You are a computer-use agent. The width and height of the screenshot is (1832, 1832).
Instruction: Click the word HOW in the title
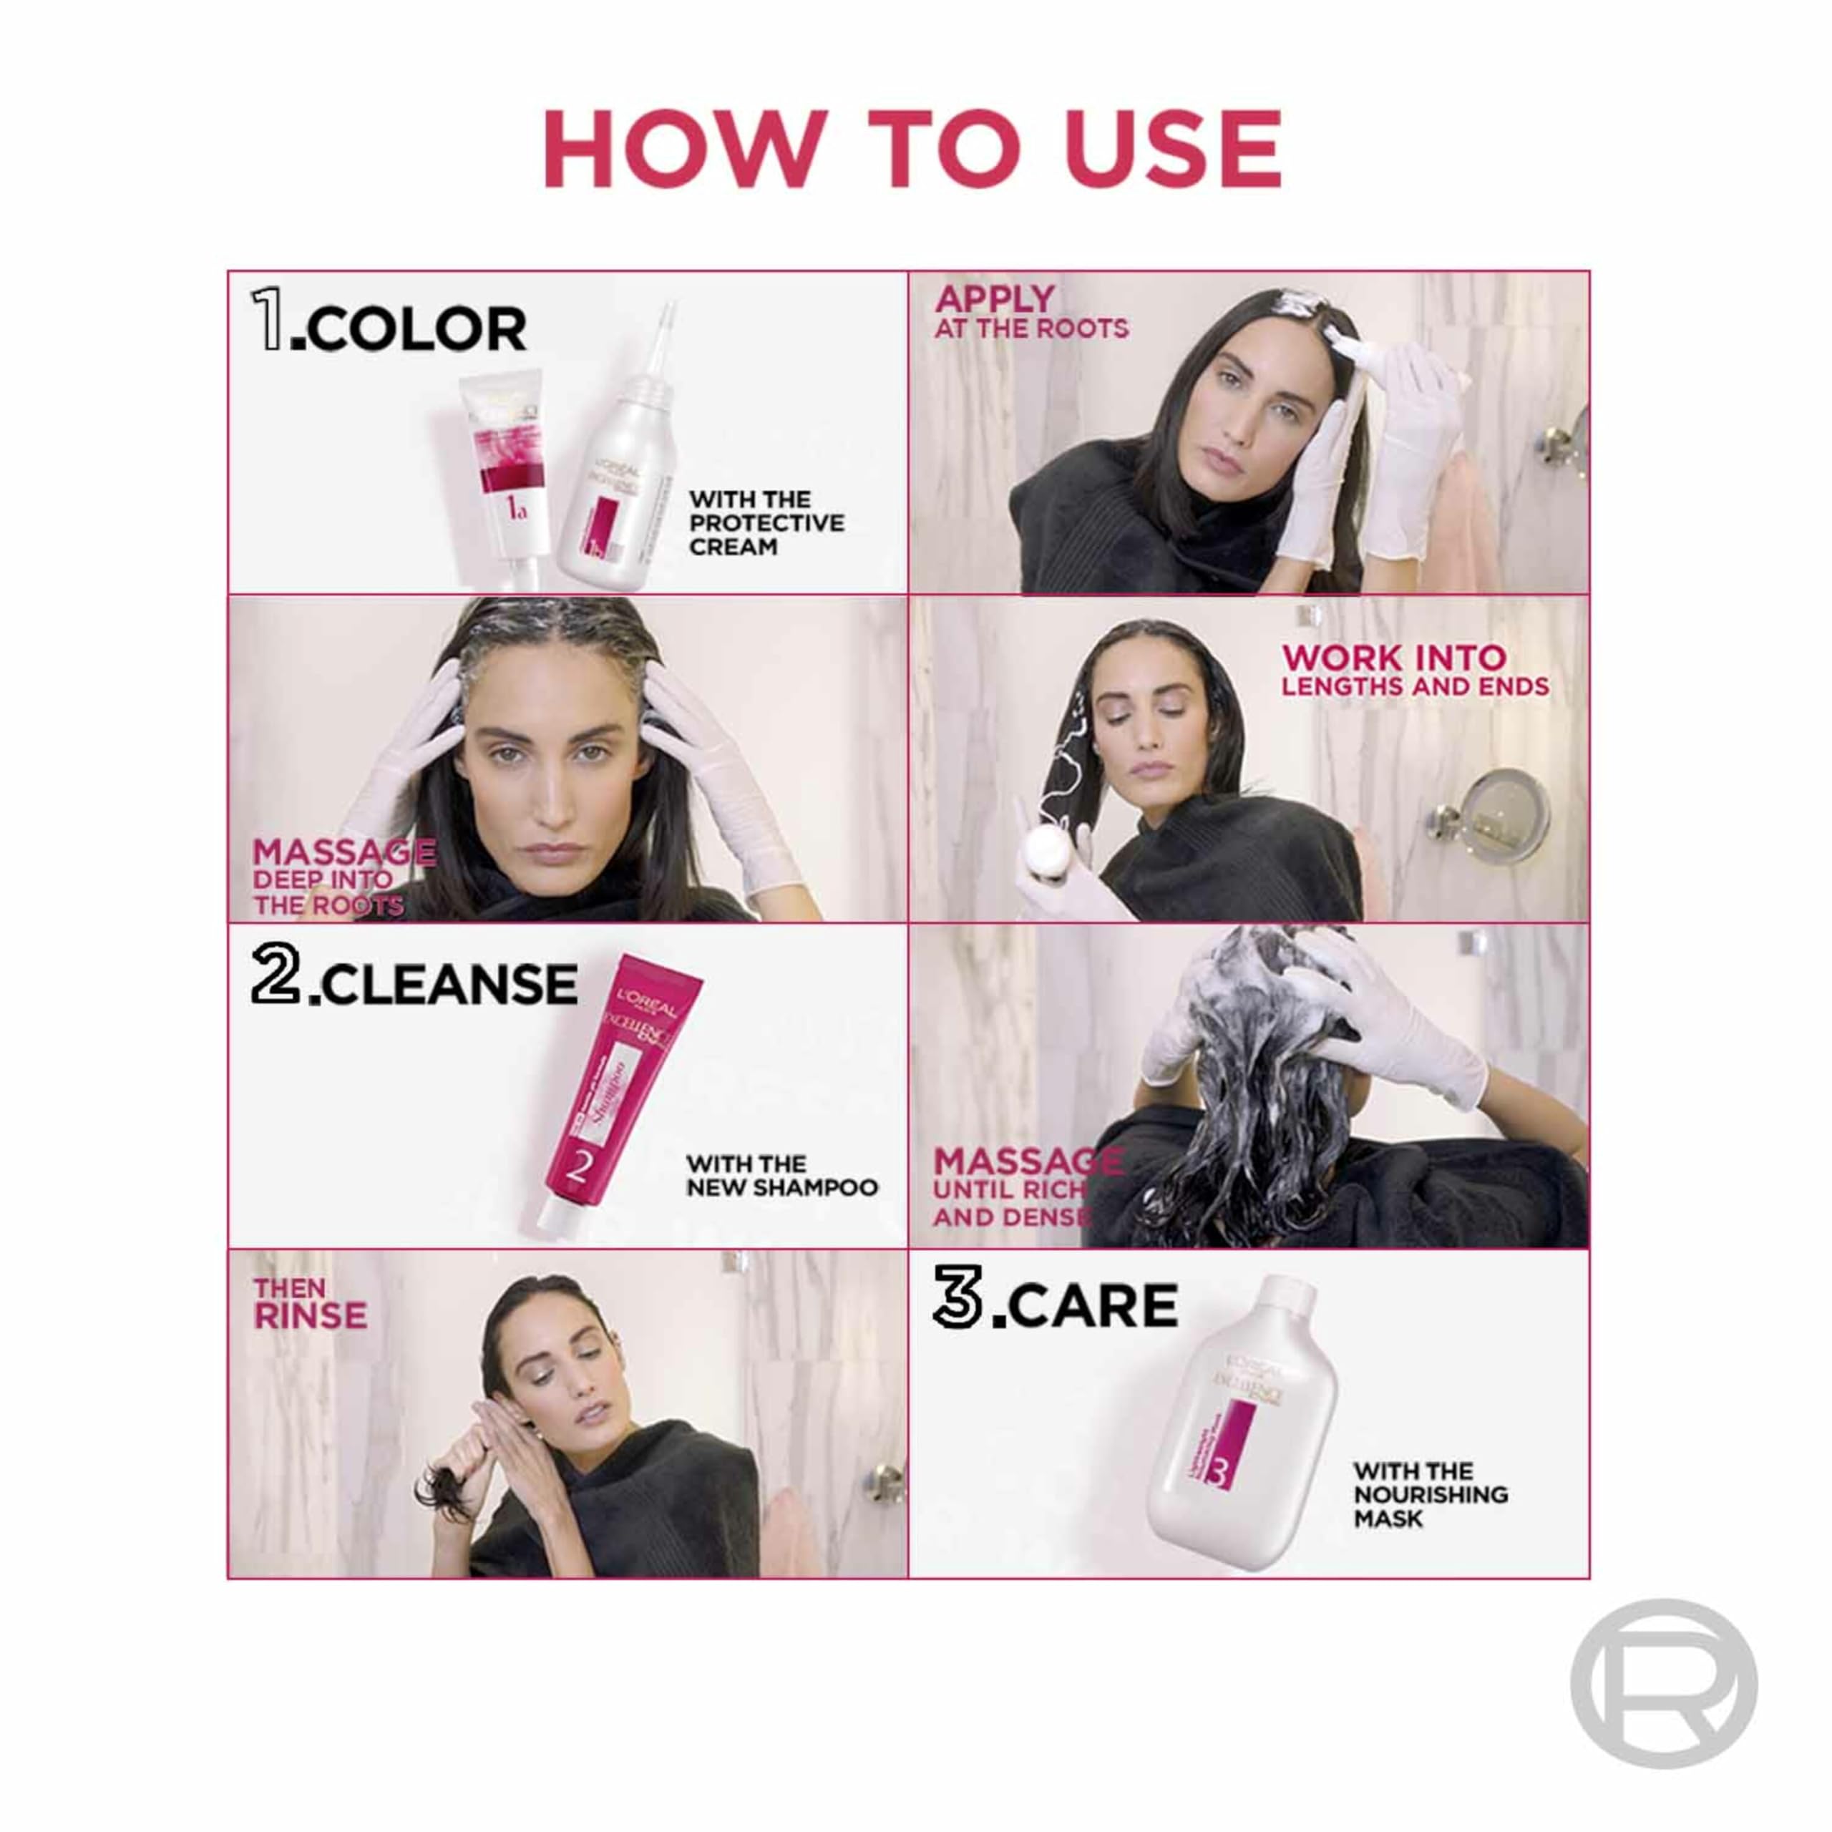[x=680, y=149]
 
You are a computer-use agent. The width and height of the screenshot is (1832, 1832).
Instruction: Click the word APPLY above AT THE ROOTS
[x=994, y=300]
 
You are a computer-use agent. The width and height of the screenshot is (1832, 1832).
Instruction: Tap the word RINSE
[x=310, y=1315]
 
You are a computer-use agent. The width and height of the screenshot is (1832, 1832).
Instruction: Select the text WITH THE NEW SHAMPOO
[x=781, y=1175]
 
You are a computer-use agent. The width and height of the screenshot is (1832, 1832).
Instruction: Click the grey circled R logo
[x=1663, y=1683]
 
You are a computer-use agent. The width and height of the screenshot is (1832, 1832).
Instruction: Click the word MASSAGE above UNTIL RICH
[x=1027, y=1161]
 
